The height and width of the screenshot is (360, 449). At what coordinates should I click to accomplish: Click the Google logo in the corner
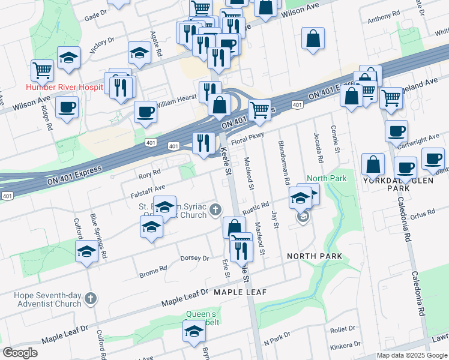20,353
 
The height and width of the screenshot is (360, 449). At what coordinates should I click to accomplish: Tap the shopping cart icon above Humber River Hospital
42,70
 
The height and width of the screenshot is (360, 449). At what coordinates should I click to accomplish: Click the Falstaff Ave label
148,191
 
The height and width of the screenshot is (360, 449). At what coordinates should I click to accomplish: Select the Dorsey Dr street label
194,259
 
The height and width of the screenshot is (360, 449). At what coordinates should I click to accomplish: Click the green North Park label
327,179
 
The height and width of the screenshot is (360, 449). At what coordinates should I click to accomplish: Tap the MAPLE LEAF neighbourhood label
240,292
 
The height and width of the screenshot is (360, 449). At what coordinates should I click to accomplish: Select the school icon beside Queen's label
194,331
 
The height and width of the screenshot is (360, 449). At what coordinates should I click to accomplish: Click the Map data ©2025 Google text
412,355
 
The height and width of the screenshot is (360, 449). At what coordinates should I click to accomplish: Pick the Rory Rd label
149,172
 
